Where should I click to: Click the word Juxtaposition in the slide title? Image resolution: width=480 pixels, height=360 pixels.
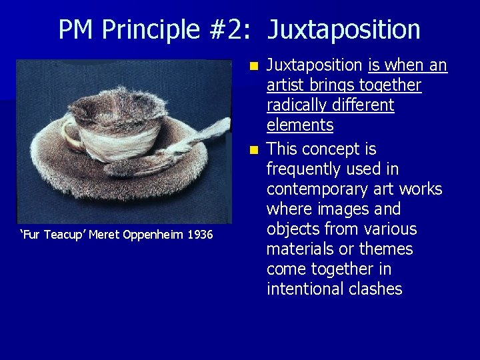coord(344,30)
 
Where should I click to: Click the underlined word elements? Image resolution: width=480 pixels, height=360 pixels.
coord(300,125)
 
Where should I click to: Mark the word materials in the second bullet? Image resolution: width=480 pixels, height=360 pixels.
coord(304,249)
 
